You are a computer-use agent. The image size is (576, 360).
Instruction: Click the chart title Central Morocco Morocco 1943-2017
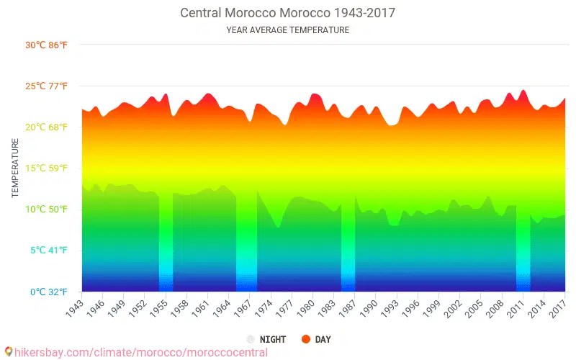287,13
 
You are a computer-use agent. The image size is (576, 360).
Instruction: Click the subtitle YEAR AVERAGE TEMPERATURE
287,30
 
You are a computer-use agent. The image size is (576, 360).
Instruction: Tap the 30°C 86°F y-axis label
47,45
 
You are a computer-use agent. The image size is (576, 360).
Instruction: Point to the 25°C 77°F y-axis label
47,86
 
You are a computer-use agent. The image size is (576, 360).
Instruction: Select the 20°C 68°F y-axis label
47,127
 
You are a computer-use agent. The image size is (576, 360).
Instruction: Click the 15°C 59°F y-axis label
47,168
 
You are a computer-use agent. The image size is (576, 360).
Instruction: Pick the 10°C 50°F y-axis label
47,210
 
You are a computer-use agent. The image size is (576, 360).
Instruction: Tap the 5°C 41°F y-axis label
49,251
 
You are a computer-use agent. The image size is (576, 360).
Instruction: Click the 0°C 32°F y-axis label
49,292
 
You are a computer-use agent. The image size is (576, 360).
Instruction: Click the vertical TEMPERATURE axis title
15,168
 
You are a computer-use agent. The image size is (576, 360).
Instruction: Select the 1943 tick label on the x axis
74,307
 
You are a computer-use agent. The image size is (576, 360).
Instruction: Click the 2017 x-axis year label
557,307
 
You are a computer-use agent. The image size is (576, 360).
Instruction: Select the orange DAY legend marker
306,339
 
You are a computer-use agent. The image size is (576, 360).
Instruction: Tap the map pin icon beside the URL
8,353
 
